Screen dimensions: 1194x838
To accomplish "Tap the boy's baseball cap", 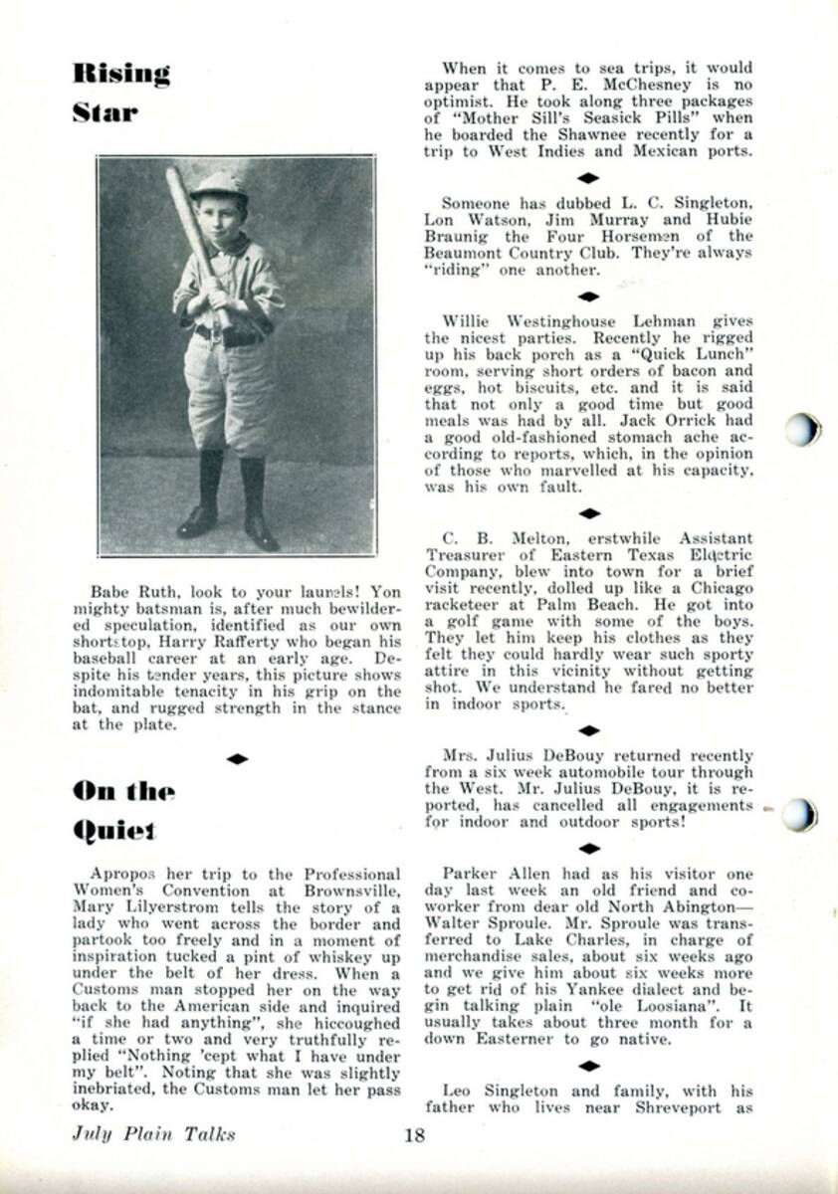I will click(x=219, y=184).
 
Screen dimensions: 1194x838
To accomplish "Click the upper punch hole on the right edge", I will click(x=801, y=430).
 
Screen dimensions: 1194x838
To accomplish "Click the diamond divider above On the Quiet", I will click(x=237, y=759).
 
